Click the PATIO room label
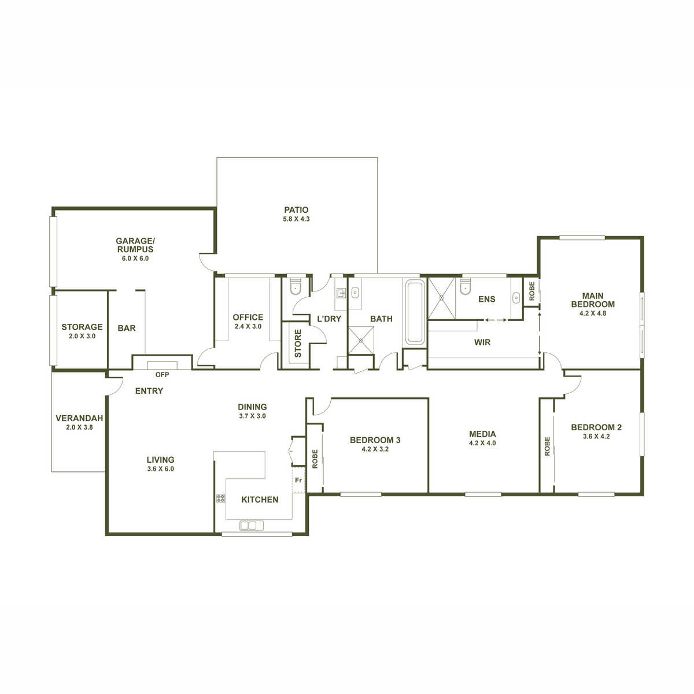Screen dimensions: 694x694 coord(296,210)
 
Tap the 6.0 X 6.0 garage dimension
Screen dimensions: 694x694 coord(135,259)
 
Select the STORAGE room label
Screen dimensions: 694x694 coord(82,327)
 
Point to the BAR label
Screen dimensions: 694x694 coord(127,328)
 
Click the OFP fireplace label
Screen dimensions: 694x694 coord(162,375)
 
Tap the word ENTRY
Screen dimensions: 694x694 coord(149,391)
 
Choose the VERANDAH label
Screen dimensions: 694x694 coord(79,418)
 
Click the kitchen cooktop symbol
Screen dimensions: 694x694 coord(220,499)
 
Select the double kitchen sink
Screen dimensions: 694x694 coord(252,525)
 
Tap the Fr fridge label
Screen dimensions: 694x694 coord(298,480)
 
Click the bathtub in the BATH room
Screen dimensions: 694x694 coord(415,312)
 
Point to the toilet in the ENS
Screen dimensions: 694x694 coord(465,286)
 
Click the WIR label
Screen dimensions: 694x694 coord(482,342)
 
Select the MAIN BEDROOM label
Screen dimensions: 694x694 coord(593,300)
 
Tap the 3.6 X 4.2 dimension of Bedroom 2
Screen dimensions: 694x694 coord(596,437)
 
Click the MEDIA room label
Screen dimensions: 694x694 coord(482,434)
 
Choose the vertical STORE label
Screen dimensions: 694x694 coord(298,344)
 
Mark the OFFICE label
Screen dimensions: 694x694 coord(248,317)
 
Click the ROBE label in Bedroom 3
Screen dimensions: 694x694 coord(315,459)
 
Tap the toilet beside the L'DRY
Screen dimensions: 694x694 coord(296,287)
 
